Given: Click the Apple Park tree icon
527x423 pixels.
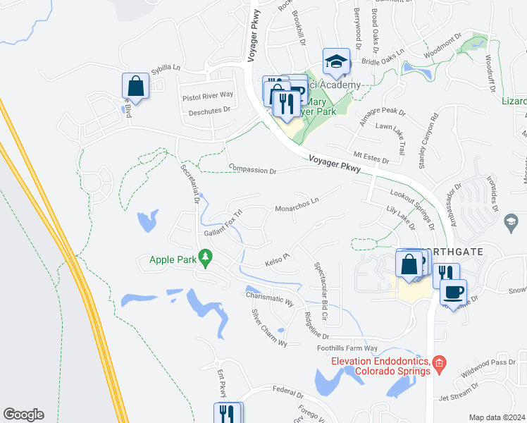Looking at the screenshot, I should click(x=206, y=259).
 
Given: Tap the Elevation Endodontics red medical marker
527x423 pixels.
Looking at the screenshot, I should click(x=439, y=364).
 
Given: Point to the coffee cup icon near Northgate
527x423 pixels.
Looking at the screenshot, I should click(x=453, y=291).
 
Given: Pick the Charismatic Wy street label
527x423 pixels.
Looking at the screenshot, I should click(x=269, y=298).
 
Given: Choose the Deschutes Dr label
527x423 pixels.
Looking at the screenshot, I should click(x=206, y=110).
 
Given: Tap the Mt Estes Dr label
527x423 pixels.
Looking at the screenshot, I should click(x=371, y=157).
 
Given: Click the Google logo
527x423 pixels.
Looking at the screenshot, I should click(x=23, y=415).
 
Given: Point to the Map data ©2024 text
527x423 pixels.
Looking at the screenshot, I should click(x=496, y=417).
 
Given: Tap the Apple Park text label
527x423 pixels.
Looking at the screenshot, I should click(x=172, y=259).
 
